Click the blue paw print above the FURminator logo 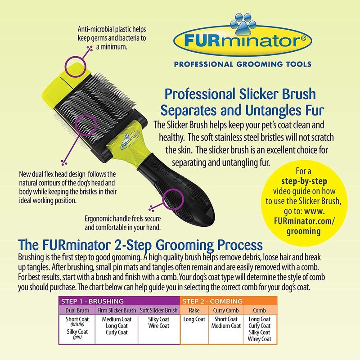[243, 24]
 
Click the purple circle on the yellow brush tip [75, 67]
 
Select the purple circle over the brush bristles [85, 125]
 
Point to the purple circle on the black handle [173, 199]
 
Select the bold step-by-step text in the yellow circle [304, 181]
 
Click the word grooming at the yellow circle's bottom [303, 231]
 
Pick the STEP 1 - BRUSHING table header [92, 301]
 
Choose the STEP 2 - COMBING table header [212, 301]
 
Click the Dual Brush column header [77, 310]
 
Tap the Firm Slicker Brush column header [117, 310]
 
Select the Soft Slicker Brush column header [159, 310]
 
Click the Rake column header [194, 310]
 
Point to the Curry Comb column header [226, 310]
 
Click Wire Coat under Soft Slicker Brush [159, 325]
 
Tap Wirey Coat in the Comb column [260, 339]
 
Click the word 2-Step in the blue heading [134, 245]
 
